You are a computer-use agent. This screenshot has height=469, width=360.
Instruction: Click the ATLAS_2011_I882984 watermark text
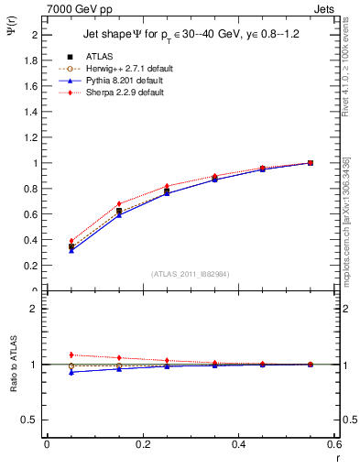tap(191, 274)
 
